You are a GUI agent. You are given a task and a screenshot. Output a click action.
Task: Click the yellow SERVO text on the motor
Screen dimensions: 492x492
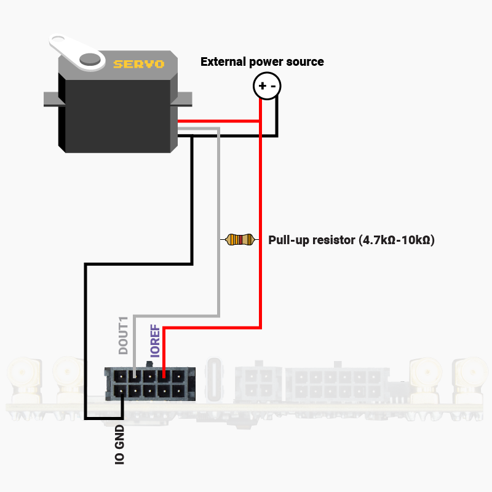138,63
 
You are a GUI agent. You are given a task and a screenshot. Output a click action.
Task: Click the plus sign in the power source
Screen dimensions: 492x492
262,86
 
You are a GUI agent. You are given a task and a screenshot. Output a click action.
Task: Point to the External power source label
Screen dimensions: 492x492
262,61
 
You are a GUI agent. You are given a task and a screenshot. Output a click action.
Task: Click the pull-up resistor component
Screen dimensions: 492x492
239,239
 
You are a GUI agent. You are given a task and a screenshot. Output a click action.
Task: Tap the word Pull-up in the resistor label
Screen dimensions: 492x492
288,240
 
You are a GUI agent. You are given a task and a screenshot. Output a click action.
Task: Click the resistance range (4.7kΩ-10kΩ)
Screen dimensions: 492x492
397,240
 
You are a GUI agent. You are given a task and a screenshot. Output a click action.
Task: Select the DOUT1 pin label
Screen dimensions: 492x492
124,335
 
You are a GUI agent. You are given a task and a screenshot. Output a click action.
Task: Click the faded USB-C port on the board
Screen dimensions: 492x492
216,378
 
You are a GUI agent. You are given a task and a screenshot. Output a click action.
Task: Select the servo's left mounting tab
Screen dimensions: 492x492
50,98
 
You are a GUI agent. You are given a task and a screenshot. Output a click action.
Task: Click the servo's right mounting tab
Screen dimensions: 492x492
184,98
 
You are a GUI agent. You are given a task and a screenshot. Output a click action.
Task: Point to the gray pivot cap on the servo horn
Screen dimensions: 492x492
90,59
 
